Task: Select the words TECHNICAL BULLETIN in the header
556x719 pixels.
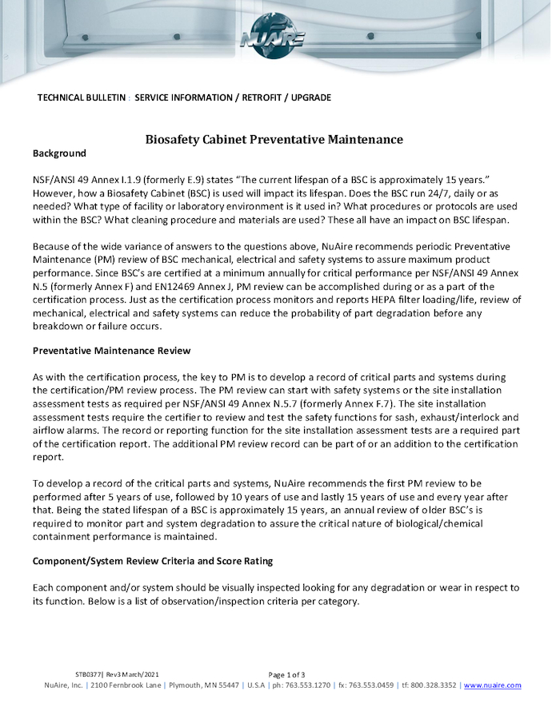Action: click(x=82, y=97)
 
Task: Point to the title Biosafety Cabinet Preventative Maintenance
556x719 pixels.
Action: click(x=274, y=139)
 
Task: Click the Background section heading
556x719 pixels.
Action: click(x=58, y=153)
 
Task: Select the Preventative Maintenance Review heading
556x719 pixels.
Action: click(x=111, y=351)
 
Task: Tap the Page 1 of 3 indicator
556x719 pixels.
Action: click(x=286, y=674)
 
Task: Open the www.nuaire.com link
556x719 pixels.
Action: click(x=492, y=685)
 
